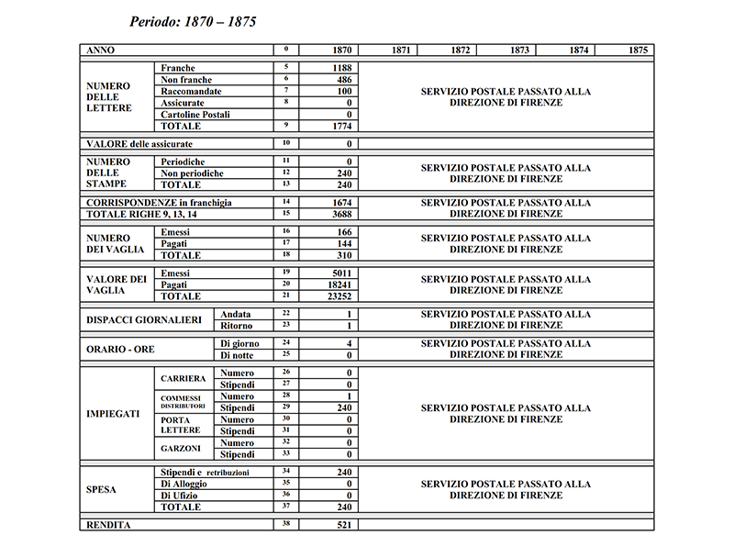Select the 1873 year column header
pyautogui.click(x=519, y=50)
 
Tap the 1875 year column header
pyautogui.click(x=639, y=50)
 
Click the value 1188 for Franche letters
pyautogui.click(x=345, y=68)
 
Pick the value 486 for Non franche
pyautogui.click(x=345, y=80)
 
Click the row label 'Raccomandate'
pyautogui.click(x=192, y=92)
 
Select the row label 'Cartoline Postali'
pyautogui.click(x=195, y=115)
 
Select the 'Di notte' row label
pyautogui.click(x=239, y=354)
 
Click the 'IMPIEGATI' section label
pyautogui.click(x=113, y=414)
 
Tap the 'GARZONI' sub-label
pyautogui.click(x=180, y=449)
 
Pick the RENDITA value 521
pyautogui.click(x=345, y=524)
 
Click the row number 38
pyautogui.click(x=286, y=523)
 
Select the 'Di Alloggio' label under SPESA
pyautogui.click(x=183, y=484)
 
